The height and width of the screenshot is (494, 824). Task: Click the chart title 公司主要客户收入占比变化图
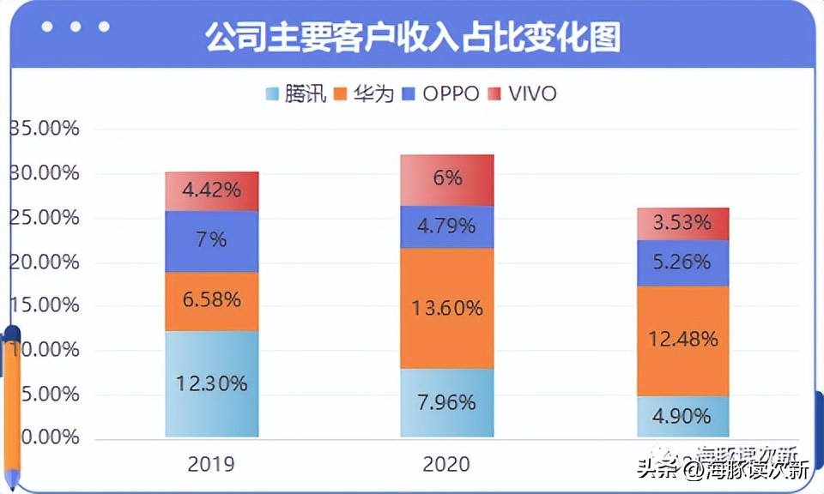[x=412, y=38]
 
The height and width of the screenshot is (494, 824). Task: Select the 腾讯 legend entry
[x=296, y=93]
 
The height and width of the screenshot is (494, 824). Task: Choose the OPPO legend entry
[x=441, y=93]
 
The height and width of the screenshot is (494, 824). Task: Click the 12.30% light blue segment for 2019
[x=212, y=383]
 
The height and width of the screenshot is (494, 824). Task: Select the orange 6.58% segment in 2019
[x=212, y=301]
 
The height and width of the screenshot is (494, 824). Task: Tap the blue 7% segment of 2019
[x=212, y=241]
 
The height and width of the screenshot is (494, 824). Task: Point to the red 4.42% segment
[x=212, y=191]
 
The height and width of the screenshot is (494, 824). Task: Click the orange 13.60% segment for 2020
[x=447, y=308]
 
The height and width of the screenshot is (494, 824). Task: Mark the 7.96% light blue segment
[x=447, y=402]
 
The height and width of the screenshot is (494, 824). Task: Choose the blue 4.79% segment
[x=447, y=227]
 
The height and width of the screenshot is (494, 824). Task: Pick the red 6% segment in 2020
[x=447, y=179]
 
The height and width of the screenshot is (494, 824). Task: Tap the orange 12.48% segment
[x=682, y=340]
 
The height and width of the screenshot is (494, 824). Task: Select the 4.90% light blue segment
[x=682, y=416]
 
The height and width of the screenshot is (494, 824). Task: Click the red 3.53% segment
[x=682, y=224]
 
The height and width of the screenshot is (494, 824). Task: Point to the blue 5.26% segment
[x=682, y=262]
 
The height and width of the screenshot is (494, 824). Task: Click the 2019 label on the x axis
[x=211, y=464]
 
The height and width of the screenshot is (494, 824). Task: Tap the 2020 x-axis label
[x=446, y=464]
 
